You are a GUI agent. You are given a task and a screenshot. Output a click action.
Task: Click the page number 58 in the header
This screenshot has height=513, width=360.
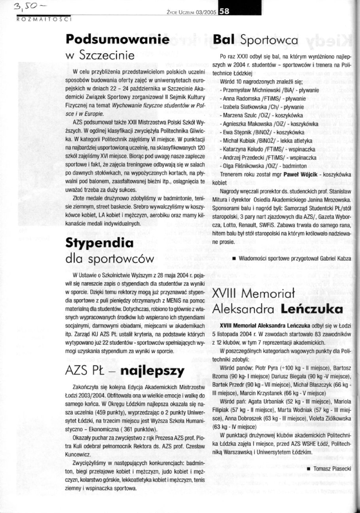224,12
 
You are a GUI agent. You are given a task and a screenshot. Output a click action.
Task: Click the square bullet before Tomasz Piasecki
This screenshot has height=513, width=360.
308,469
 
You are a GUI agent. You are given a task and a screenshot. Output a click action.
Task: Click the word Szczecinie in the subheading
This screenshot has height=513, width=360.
110,55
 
